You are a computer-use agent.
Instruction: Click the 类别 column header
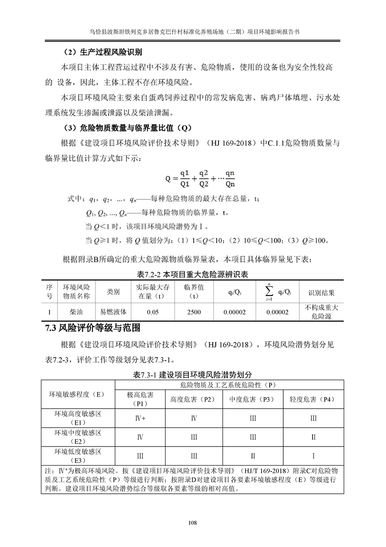click(x=113, y=292)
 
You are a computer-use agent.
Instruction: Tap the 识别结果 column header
click(x=322, y=293)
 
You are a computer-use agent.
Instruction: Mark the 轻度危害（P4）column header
click(x=313, y=399)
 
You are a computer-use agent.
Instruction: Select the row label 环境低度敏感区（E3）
click(x=78, y=456)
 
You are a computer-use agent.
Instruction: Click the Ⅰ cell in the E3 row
click(x=313, y=456)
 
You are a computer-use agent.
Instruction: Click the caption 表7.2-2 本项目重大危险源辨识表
click(x=193, y=274)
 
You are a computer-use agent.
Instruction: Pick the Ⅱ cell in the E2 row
click(x=313, y=437)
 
